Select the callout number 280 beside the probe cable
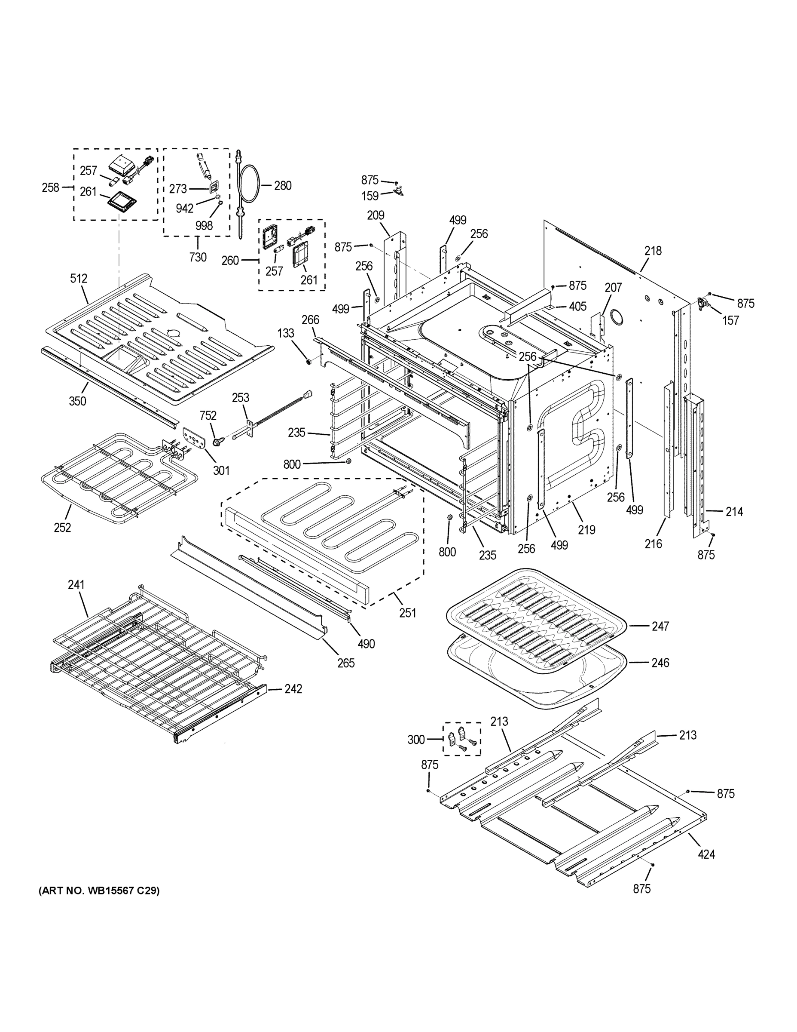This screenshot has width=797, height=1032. [282, 186]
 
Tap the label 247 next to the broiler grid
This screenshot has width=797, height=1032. [660, 626]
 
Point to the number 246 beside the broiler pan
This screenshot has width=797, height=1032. [660, 663]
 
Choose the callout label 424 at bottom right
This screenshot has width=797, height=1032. [706, 854]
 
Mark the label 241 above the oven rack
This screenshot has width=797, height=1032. [76, 584]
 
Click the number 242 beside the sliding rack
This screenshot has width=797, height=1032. [293, 689]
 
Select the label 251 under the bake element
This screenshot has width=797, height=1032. [407, 613]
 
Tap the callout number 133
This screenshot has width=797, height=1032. [286, 333]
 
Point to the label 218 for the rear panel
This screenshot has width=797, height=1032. [653, 251]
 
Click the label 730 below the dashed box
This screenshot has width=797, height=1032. [198, 257]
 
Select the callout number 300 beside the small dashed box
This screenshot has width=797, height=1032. [416, 740]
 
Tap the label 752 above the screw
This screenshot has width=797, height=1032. [208, 415]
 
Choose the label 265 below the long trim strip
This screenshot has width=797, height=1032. [345, 663]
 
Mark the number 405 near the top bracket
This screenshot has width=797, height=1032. [577, 306]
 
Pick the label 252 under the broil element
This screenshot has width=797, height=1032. [62, 527]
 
